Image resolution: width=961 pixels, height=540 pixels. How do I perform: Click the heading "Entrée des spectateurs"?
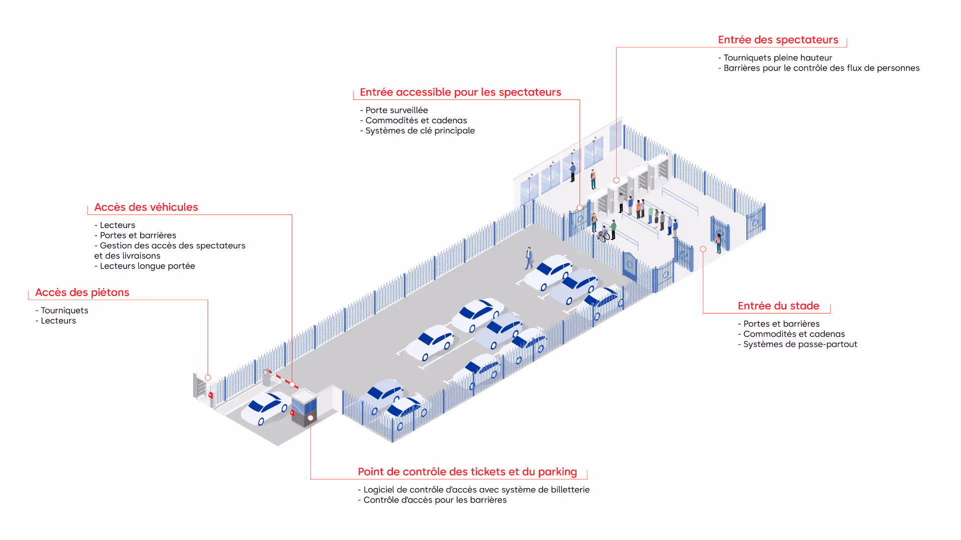point(777,40)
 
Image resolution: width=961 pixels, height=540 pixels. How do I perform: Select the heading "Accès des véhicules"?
point(146,207)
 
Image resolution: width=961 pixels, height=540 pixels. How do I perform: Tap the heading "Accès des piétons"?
point(82,292)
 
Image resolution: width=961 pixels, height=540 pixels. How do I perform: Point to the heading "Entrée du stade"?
point(778,306)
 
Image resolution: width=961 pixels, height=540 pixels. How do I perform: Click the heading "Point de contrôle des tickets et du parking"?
point(467,472)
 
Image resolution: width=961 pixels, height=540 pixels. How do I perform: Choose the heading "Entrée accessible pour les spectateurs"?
point(460,92)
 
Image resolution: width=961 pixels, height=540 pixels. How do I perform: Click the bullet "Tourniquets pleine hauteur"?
point(777,58)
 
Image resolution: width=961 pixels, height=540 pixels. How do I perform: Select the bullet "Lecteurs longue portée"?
point(147,266)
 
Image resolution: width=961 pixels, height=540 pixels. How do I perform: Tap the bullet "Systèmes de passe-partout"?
point(800,344)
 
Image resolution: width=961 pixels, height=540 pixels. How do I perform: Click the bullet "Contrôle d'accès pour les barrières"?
point(434,500)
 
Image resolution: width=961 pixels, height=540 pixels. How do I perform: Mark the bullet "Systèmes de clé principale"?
point(419,131)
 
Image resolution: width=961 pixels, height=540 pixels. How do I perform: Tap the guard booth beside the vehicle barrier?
point(304,407)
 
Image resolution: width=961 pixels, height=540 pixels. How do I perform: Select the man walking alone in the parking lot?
point(529,258)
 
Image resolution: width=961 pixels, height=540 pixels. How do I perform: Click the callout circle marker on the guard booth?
point(310,418)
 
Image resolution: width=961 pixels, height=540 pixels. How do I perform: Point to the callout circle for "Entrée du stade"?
point(703,249)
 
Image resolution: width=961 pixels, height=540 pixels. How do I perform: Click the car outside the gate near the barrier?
point(265,407)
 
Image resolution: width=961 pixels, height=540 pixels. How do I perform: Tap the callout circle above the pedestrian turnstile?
point(208,378)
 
